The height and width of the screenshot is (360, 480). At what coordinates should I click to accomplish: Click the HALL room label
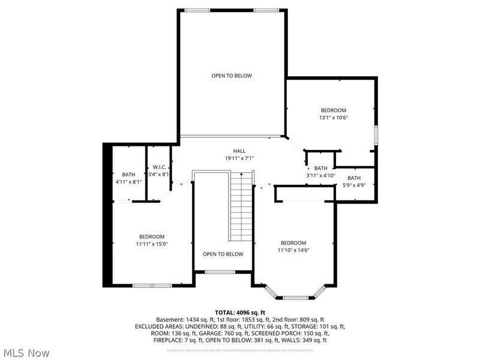[239, 151]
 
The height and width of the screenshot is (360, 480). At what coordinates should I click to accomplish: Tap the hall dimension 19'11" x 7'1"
[239, 158]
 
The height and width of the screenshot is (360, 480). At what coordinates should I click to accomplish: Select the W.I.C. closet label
[159, 167]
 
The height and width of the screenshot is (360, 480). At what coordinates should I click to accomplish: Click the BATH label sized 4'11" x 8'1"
[128, 174]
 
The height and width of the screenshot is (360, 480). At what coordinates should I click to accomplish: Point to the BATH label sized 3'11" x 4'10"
[320, 169]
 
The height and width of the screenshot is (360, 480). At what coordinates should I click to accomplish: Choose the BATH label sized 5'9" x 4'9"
[354, 178]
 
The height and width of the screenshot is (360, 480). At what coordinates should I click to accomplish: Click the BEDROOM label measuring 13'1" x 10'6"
[333, 110]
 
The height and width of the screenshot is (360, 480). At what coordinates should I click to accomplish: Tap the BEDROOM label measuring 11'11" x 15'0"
[151, 236]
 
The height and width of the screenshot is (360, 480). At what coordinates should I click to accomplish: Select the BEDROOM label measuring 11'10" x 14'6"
[293, 242]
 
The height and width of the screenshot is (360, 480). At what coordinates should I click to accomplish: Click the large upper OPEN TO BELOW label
[231, 76]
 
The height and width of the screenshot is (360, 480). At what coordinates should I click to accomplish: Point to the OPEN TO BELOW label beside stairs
[223, 254]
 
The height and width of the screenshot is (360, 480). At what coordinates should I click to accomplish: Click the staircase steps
[240, 204]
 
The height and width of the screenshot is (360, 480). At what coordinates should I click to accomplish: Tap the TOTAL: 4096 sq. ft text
[239, 312]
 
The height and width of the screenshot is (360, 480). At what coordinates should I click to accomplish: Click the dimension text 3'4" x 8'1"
[159, 174]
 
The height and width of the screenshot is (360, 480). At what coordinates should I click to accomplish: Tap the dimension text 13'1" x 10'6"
[333, 117]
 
